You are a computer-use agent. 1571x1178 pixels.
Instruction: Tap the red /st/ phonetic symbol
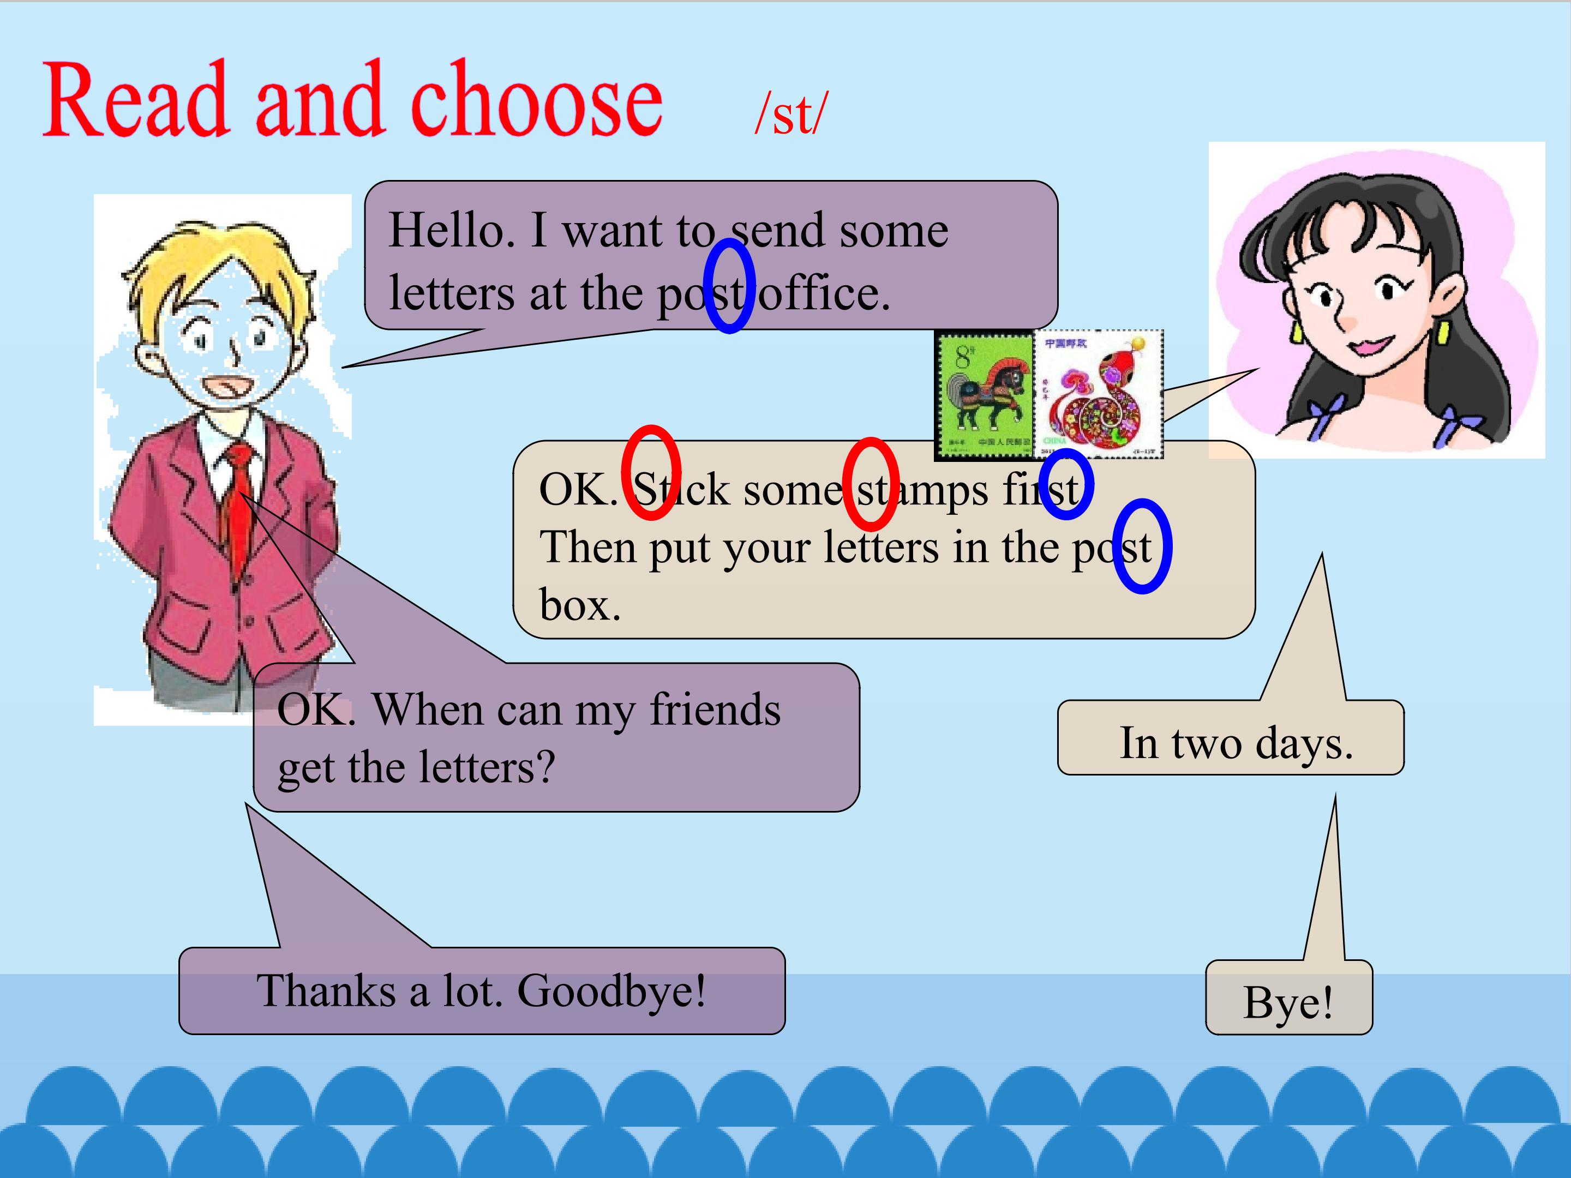coord(791,113)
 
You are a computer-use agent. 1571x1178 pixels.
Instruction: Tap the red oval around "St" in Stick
coord(651,473)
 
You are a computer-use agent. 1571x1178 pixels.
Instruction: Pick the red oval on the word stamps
coord(871,484)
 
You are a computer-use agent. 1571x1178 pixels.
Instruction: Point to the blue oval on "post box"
coord(1141,546)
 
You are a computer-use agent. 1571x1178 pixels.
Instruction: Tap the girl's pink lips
coord(1371,346)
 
